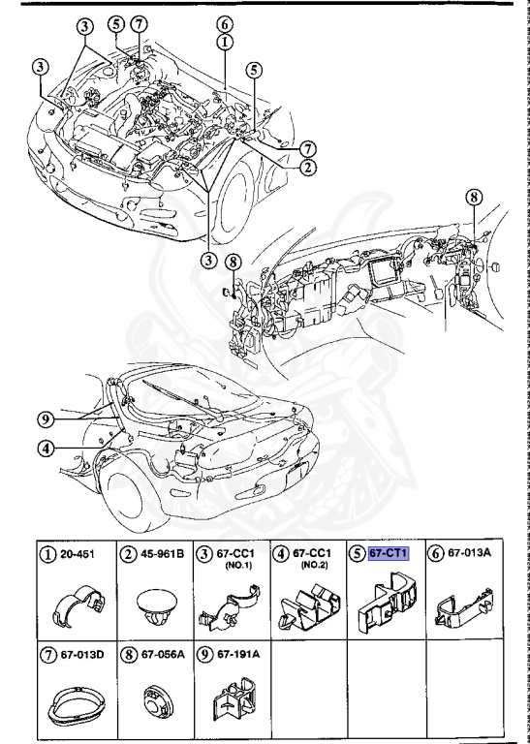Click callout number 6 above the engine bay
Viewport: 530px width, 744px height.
click(x=224, y=23)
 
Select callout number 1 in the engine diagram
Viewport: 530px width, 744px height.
click(x=224, y=42)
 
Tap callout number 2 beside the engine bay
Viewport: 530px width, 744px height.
click(x=308, y=165)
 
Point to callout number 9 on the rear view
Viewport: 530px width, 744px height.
click(x=44, y=418)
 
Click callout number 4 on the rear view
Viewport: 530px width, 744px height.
click(x=44, y=448)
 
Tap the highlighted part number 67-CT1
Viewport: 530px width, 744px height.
click(x=390, y=553)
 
